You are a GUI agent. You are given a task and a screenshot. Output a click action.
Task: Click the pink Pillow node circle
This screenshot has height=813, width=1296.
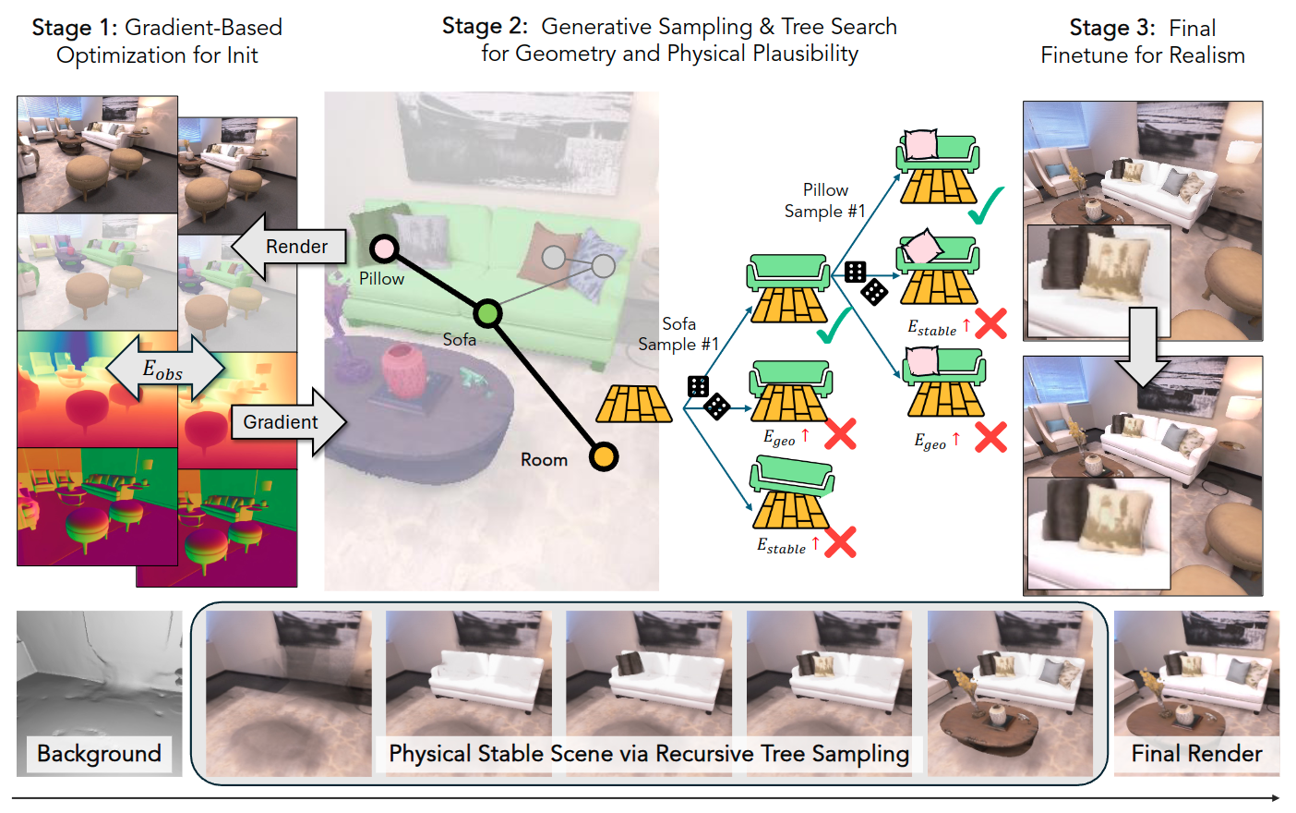coord(384,249)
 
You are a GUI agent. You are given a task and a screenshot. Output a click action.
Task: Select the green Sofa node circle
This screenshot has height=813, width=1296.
coord(487,313)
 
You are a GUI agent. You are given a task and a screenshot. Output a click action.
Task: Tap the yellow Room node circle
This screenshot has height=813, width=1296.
coord(604,456)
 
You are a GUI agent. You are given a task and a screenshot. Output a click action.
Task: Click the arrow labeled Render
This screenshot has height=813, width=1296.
coord(288,247)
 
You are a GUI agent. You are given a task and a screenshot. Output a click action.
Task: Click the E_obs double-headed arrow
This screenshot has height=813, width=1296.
coord(164,370)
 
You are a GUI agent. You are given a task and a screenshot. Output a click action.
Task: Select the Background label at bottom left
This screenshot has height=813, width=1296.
coord(99,754)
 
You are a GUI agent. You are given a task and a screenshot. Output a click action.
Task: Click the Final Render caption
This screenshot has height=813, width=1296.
coord(1196,754)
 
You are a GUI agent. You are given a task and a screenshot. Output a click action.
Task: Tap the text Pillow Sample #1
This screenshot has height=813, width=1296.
coord(824,200)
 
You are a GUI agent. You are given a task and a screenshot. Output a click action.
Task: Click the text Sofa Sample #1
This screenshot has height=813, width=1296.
coord(678,334)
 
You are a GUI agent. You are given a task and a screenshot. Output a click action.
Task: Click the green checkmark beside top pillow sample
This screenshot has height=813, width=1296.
coord(986,205)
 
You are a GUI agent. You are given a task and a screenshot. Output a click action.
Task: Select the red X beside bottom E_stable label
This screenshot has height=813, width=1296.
coord(840,542)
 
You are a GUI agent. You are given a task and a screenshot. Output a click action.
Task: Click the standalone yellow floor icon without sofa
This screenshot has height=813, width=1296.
coord(634,405)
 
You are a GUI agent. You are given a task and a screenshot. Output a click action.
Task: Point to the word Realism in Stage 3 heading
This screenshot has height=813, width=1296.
coord(1206,55)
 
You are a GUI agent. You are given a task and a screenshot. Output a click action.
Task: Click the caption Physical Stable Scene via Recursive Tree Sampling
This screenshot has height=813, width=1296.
coord(649,754)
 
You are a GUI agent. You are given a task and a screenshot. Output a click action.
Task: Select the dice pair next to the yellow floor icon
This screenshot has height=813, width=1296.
coord(708,397)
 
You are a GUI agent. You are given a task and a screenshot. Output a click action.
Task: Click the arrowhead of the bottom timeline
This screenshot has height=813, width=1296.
coord(1276,798)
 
